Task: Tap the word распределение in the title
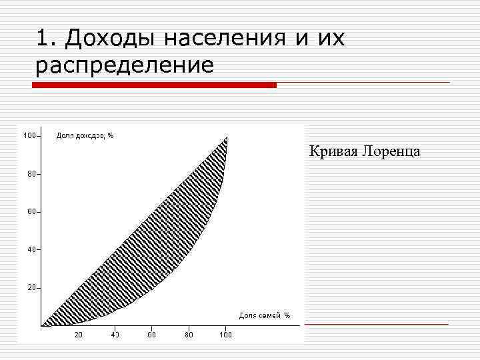125,65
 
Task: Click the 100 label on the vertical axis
30,136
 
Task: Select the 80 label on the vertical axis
31,174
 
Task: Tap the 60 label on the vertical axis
31,212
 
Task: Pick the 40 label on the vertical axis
31,249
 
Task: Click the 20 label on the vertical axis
31,287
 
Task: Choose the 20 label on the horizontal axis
78,335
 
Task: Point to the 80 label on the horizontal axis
189,335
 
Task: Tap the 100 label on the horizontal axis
226,335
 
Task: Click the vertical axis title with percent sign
85,136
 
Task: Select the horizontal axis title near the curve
265,315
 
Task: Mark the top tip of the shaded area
227,138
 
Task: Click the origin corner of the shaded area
43,325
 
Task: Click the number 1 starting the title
43,38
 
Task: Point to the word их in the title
331,38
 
